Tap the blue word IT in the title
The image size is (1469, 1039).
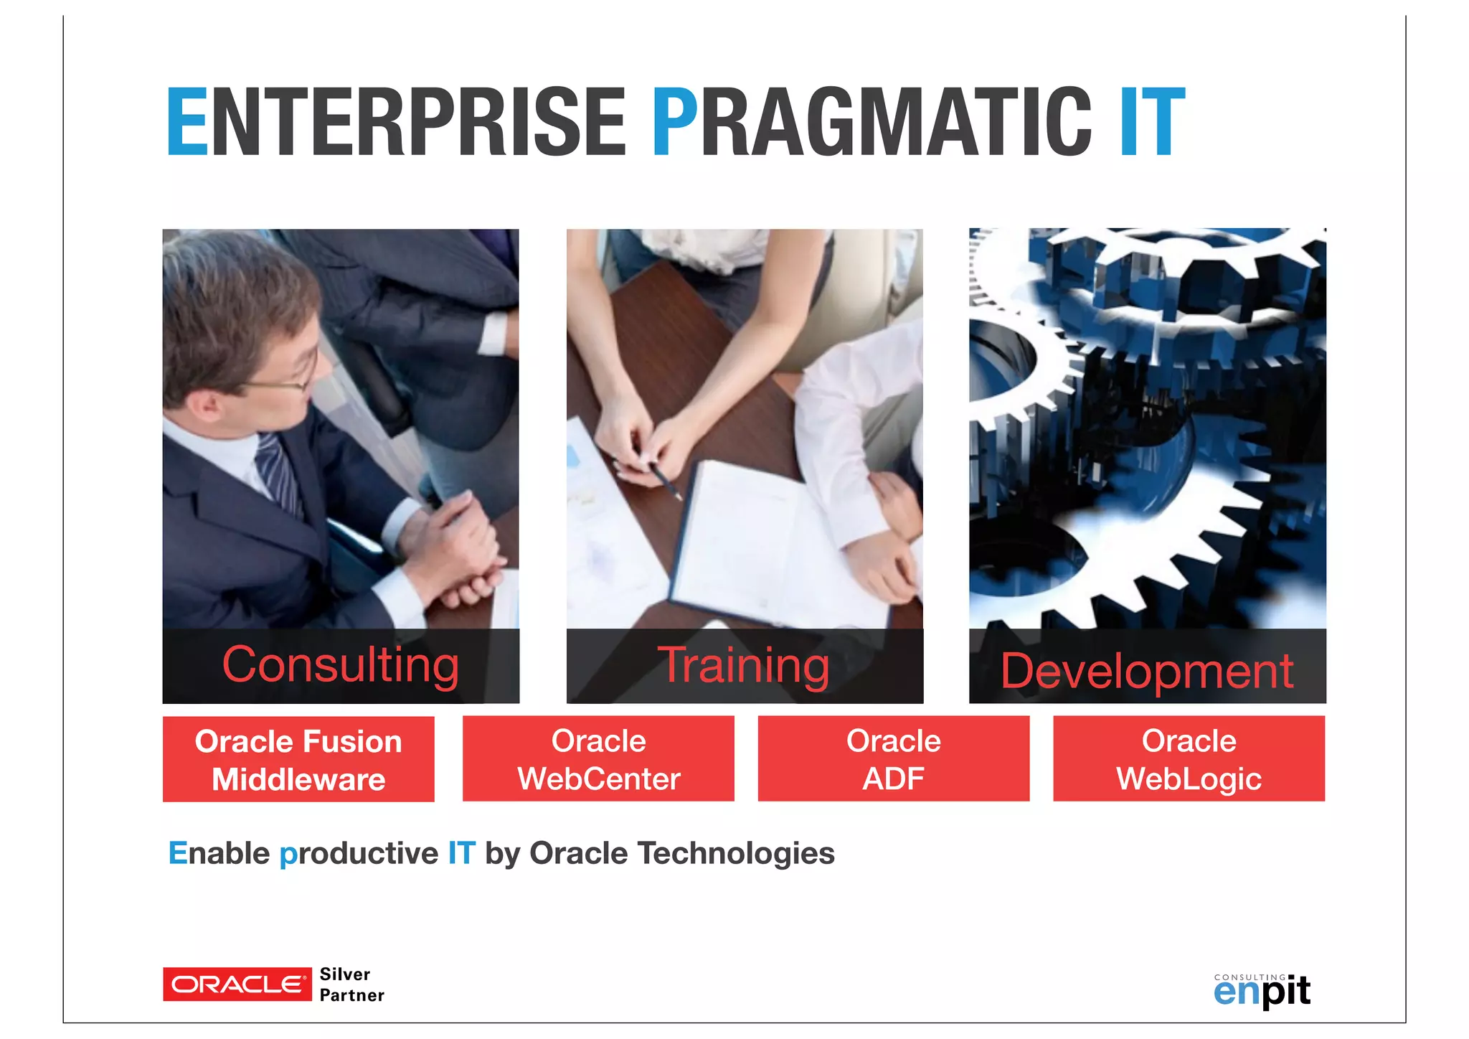pos(1152,122)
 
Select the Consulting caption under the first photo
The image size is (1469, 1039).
pos(341,665)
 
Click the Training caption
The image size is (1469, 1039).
pos(745,666)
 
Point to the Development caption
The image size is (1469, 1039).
pos(1147,671)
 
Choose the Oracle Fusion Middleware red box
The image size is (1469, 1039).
pos(298,759)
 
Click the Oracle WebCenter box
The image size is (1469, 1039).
pos(598,758)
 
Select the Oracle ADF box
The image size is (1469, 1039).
pos(893,758)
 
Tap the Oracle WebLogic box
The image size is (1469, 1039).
pos(1189,758)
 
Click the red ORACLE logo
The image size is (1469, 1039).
pos(237,984)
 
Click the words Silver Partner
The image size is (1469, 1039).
pos(351,984)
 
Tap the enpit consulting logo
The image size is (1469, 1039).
pos(1262,990)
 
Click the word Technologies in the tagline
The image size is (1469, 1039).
pos(736,853)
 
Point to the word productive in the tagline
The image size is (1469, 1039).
pos(359,854)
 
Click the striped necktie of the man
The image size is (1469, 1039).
pos(280,474)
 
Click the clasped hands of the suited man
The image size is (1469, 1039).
pos(459,553)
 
